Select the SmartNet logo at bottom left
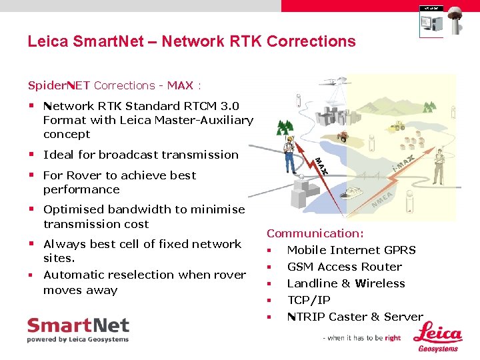(x=78, y=330)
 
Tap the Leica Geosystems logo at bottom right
(x=437, y=337)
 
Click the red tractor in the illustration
(x=342, y=136)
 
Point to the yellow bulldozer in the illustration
(x=398, y=126)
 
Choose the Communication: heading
(x=315, y=233)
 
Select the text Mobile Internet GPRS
(x=351, y=250)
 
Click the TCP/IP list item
(x=309, y=300)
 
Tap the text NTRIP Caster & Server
(x=355, y=317)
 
